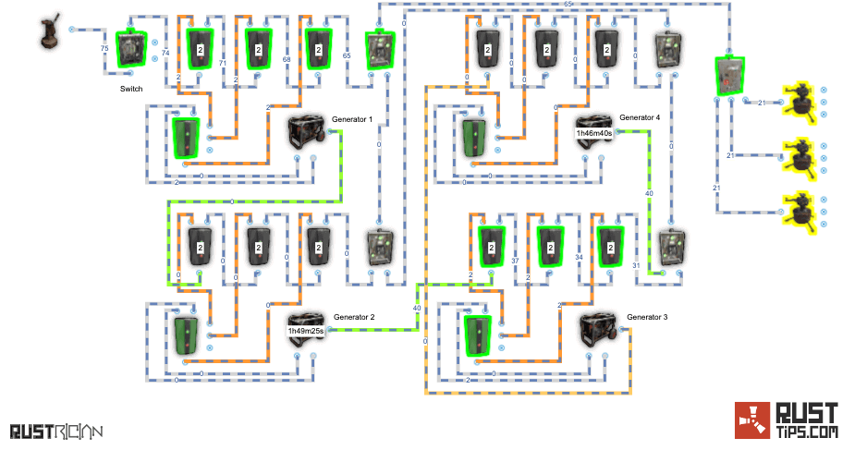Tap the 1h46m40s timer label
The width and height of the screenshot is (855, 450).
(x=593, y=133)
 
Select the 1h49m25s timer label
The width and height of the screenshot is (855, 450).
(x=305, y=330)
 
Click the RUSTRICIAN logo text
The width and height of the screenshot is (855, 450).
(x=55, y=431)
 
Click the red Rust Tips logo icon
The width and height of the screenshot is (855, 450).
(x=751, y=420)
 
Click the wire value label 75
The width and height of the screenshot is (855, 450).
(x=104, y=48)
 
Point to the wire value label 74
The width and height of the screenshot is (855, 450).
(x=165, y=54)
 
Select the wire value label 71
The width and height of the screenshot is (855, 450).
(x=223, y=62)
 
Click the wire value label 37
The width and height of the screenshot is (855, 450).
(x=515, y=261)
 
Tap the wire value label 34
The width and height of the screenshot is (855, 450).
(x=579, y=257)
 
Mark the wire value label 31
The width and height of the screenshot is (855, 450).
(x=635, y=265)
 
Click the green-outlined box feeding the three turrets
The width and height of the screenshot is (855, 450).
(x=729, y=76)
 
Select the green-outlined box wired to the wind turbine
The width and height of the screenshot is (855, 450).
(x=131, y=48)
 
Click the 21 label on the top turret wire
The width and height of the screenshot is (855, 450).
(x=762, y=102)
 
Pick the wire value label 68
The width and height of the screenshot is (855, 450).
(x=286, y=59)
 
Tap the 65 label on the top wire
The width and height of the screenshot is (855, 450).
(x=568, y=5)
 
